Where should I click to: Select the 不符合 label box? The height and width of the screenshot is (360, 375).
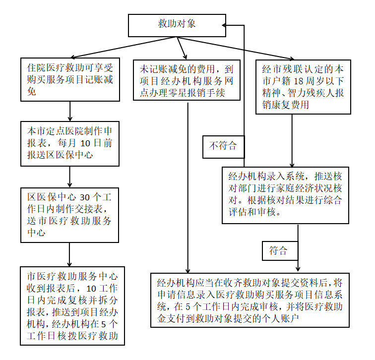(x=223, y=146)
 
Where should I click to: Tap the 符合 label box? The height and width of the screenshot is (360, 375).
(x=278, y=250)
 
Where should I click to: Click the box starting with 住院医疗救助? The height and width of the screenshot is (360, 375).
(x=70, y=79)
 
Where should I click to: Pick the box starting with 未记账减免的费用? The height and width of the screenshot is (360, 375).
(x=187, y=79)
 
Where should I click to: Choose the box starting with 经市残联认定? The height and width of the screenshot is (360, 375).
(x=303, y=86)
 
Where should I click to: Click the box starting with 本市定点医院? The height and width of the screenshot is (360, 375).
(x=70, y=143)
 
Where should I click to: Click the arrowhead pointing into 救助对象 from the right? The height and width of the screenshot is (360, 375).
(x=225, y=25)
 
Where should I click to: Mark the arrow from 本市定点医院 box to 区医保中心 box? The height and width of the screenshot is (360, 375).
(x=70, y=177)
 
